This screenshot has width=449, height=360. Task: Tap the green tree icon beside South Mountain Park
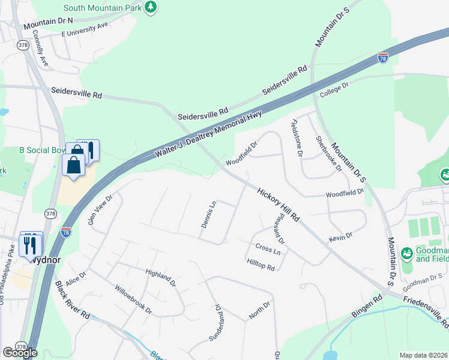point(151,7)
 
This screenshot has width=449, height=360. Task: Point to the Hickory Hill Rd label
point(278,205)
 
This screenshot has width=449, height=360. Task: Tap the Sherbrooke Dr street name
point(328,154)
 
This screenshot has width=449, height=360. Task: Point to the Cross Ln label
point(268,248)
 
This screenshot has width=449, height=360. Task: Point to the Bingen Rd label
point(368,306)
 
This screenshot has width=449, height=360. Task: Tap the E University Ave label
point(84,29)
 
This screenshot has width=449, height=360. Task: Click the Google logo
point(20,352)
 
